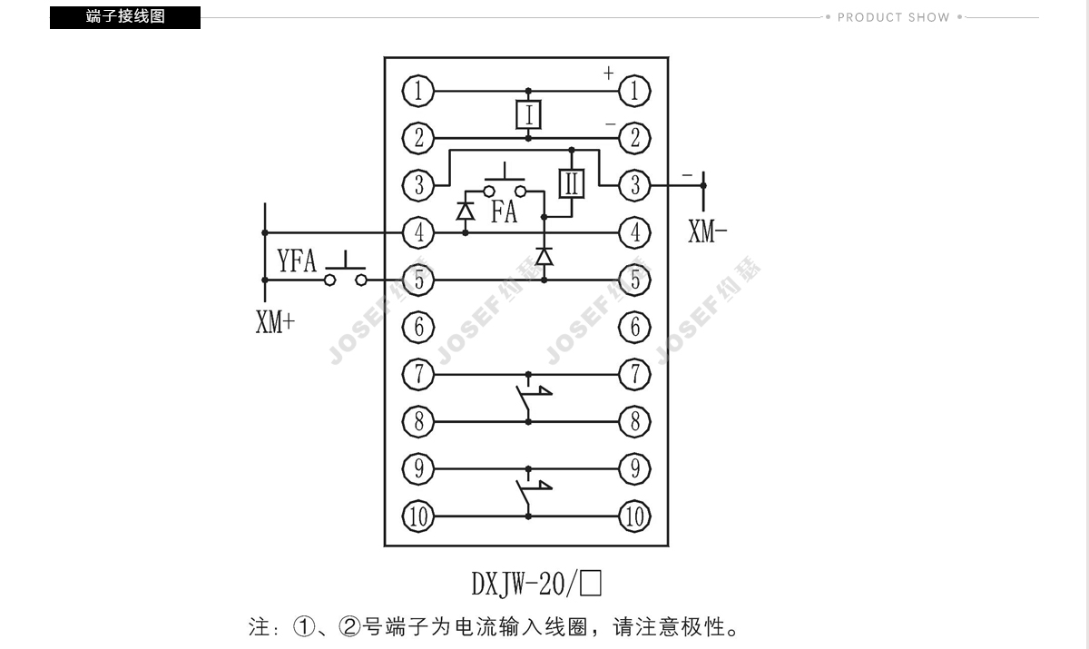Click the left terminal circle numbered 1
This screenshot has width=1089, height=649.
point(418,90)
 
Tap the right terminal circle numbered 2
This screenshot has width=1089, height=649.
point(635,138)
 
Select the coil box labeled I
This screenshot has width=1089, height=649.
point(528,114)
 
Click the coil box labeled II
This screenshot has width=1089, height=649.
point(571,183)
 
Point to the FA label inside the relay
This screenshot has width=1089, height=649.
point(504,212)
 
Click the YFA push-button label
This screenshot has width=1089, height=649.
point(297,261)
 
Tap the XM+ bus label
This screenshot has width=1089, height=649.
point(275,322)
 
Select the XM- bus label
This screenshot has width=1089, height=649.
point(708,232)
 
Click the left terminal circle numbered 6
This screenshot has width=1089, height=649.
point(418,327)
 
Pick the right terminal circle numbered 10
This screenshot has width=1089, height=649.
point(635,516)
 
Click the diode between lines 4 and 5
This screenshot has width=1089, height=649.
point(544,257)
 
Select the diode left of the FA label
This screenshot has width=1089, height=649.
point(466,211)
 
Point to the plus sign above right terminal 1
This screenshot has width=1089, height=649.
point(608,73)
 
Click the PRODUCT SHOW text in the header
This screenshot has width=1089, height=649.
point(893,17)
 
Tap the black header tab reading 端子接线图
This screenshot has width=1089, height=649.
point(125,17)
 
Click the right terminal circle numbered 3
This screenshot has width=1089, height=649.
point(635,185)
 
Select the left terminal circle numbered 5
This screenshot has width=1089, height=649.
point(418,280)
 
